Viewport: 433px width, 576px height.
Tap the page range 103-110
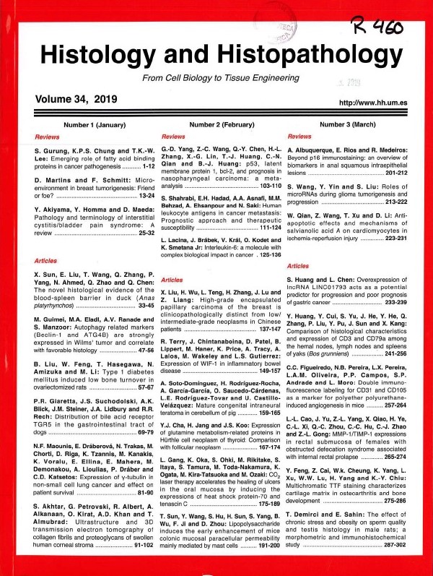[x=261, y=186]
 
